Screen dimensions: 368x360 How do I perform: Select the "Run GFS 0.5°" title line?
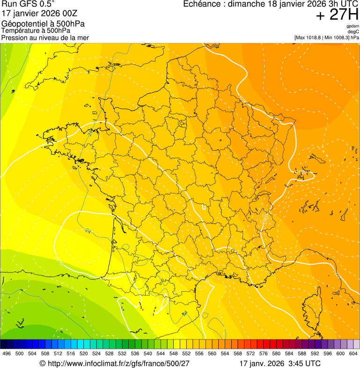click(28, 5)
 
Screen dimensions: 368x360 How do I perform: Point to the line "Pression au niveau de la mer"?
click(45, 37)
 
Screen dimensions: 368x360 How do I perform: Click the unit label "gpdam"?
click(353, 26)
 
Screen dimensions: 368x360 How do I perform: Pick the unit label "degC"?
click(353, 31)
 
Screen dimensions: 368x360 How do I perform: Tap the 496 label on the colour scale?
click(7, 354)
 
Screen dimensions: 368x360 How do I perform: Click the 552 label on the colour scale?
click(186, 354)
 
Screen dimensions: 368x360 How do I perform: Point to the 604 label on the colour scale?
click(353, 354)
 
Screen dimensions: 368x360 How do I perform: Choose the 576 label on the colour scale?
click(264, 354)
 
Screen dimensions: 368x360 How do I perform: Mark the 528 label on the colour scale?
click(110, 354)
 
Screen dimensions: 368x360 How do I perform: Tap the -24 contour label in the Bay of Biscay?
click(88, 230)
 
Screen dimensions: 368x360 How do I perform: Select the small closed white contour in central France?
click(204, 206)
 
